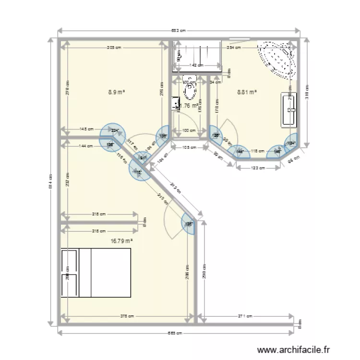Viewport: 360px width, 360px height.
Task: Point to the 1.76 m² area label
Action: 191,106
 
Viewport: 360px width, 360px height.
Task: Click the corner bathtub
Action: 276,59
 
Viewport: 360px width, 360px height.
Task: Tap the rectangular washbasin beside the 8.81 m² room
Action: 289,110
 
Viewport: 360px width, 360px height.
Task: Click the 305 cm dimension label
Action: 114,48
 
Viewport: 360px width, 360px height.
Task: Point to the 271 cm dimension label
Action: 245,316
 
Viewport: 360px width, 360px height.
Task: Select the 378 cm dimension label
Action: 127,316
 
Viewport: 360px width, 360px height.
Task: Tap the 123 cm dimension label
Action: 258,168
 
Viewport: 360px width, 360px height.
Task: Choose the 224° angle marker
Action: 115,130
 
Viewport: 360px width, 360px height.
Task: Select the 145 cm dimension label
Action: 87,129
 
